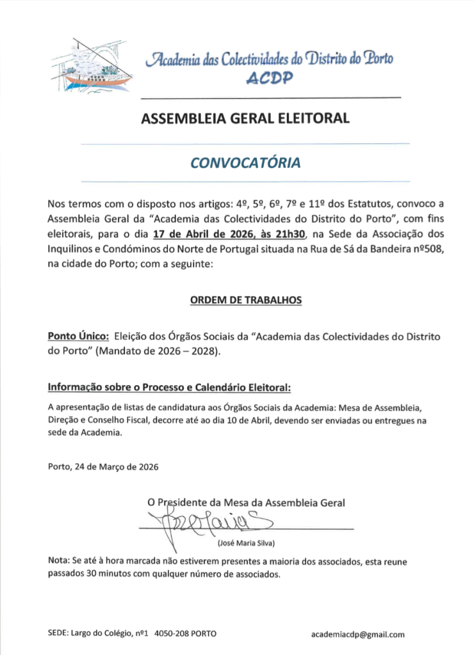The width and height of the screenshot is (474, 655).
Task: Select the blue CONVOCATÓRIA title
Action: click(245, 163)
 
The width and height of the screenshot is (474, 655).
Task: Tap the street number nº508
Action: click(427, 249)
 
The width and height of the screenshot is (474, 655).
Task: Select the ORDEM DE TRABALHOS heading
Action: click(245, 300)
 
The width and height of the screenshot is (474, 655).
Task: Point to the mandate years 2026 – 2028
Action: click(186, 351)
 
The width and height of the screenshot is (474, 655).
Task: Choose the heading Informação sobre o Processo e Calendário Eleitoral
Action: click(170, 388)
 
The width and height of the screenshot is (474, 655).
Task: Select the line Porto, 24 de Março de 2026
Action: click(103, 466)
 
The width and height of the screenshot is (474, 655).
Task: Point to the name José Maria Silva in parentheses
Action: click(246, 544)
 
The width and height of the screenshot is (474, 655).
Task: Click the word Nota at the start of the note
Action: click(58, 561)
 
